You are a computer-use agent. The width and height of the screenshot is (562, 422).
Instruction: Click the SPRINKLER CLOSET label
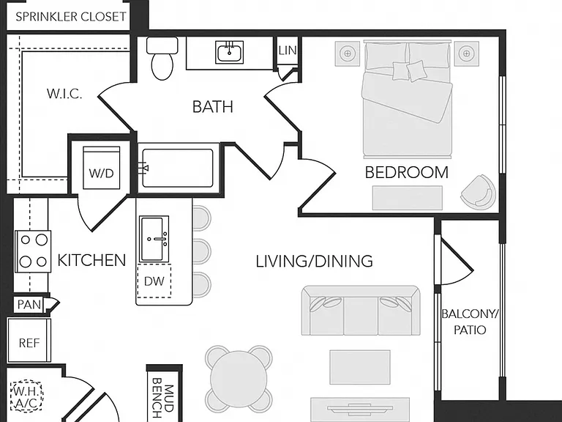point(70,17)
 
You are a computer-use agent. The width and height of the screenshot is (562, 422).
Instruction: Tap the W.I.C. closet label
point(64,94)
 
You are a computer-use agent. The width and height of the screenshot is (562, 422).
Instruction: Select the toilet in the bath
point(162,58)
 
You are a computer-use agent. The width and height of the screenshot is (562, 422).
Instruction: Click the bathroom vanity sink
point(229,52)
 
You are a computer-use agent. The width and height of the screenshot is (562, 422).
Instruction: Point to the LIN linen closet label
point(288,51)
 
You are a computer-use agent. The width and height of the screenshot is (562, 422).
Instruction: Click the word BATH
point(212,107)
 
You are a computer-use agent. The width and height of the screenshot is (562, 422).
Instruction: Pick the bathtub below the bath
point(177,168)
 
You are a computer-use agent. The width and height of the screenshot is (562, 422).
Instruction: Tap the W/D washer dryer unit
point(102,168)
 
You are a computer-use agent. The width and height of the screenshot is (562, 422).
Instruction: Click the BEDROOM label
point(407,172)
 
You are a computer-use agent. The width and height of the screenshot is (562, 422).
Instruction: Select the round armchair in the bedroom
point(479,192)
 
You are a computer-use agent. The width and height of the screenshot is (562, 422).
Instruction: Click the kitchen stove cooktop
point(33,251)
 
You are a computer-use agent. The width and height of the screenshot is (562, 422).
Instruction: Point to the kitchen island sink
point(154,239)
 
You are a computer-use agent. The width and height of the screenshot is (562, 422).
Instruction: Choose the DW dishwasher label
point(154,281)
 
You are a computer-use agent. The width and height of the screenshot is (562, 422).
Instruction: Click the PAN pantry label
point(29,305)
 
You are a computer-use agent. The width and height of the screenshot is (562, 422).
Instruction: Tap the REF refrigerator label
point(29,343)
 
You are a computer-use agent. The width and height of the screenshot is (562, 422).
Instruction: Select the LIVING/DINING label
point(315,261)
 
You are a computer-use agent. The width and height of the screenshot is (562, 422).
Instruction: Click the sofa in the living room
point(361,311)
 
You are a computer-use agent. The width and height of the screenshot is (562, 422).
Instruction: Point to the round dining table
point(239,380)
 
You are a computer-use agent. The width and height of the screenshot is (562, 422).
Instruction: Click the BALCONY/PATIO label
point(470,322)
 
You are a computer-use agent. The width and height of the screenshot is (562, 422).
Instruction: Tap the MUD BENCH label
point(162,398)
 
